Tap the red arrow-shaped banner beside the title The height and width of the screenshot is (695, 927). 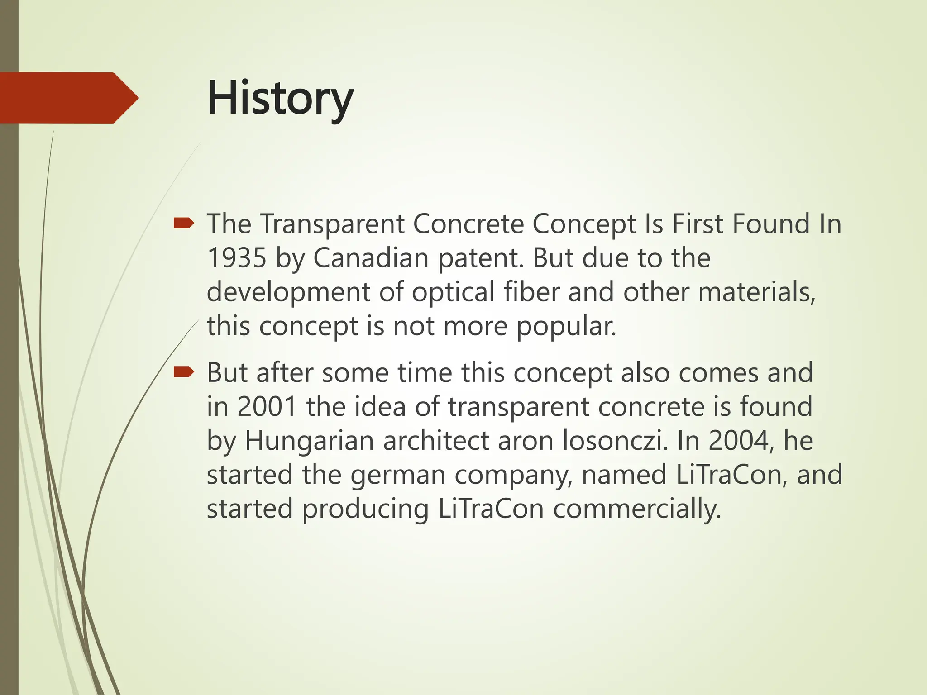[x=68, y=98]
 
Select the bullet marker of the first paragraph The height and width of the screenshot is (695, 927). [x=184, y=223]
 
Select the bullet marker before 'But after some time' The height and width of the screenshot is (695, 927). [x=184, y=372]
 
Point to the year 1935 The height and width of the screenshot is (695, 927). [x=237, y=258]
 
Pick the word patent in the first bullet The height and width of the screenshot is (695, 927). [x=479, y=259]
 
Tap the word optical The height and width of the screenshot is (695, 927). [x=453, y=292]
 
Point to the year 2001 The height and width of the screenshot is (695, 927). [x=267, y=406]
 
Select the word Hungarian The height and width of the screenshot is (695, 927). [x=309, y=441]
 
